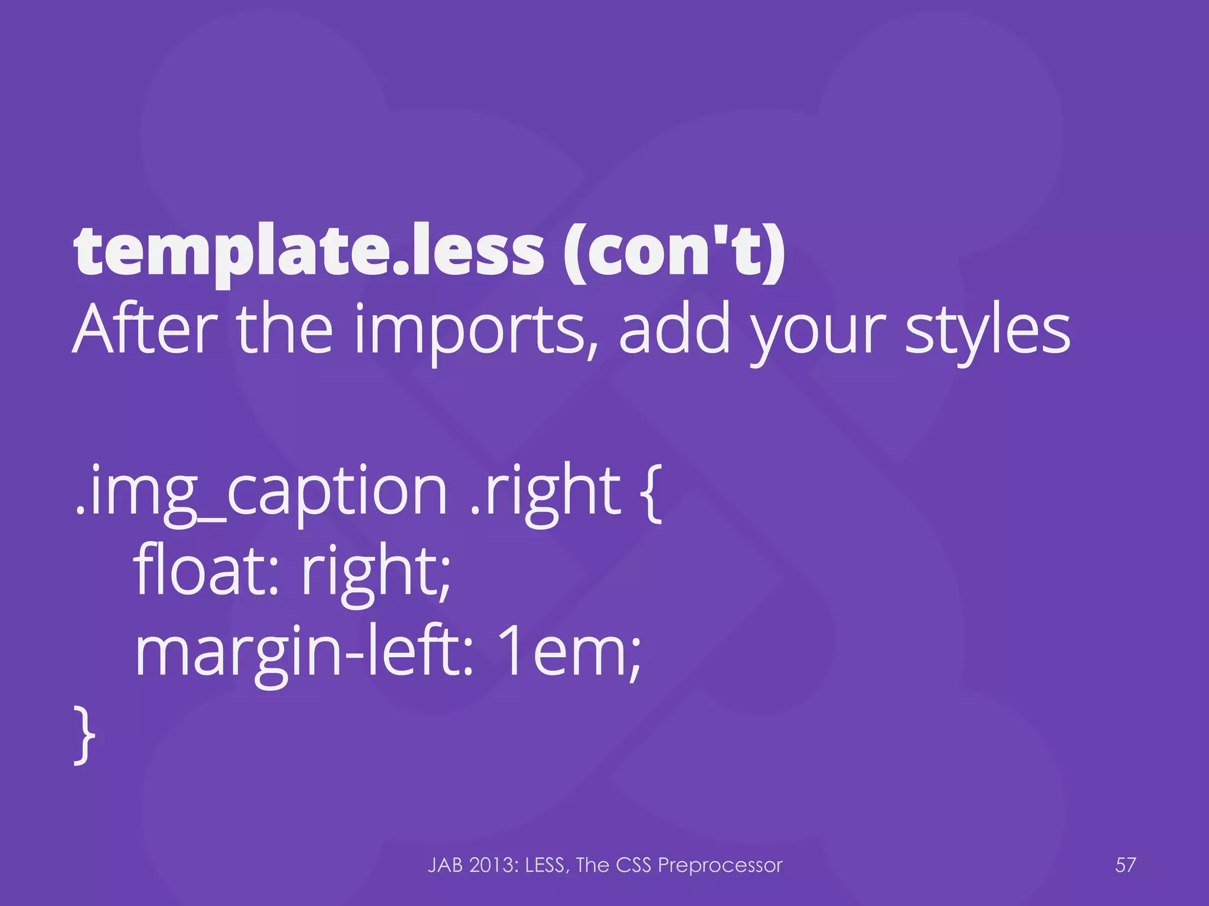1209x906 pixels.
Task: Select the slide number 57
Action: [1125, 865]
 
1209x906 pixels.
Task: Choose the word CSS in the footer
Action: [634, 865]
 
